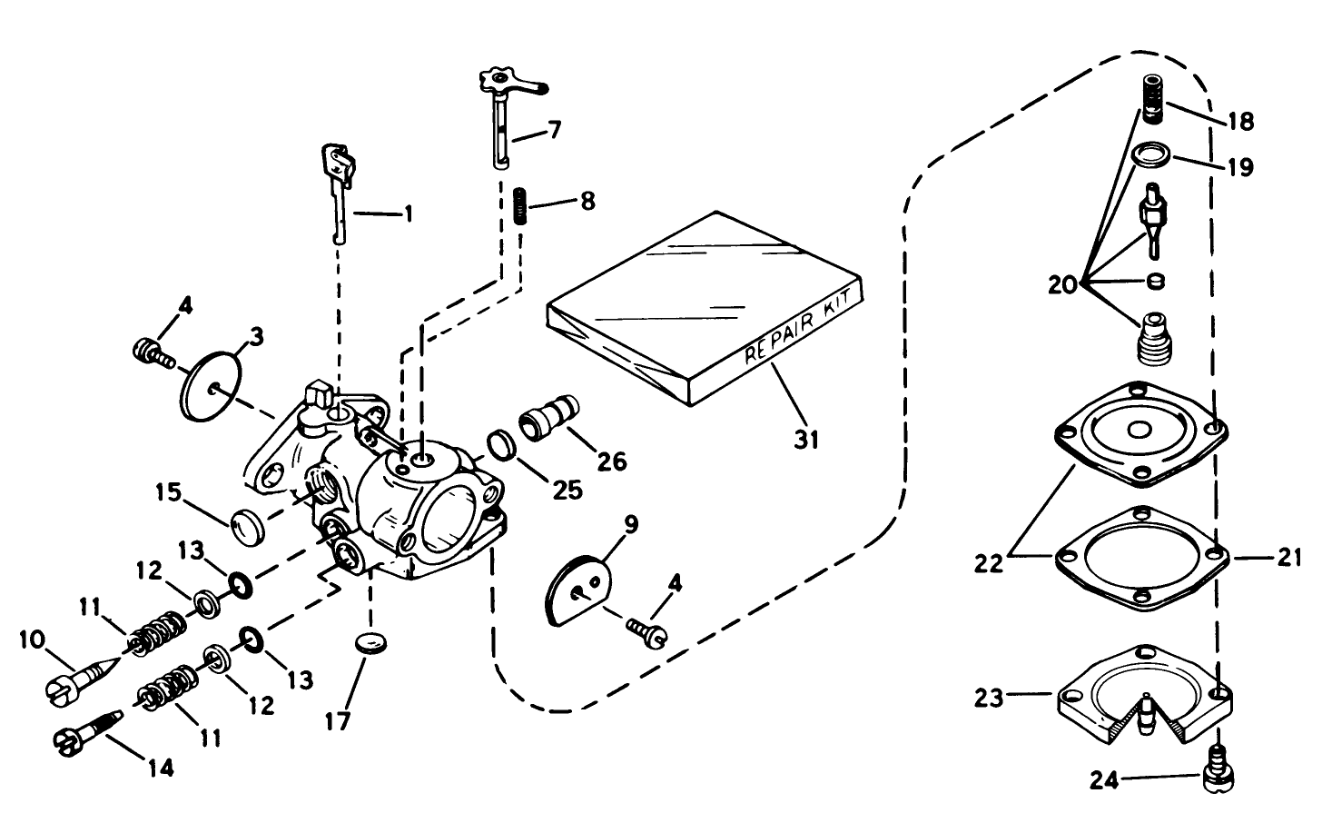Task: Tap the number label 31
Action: [x=806, y=440]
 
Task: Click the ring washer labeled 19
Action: [x=1150, y=154]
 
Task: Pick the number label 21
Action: [x=1290, y=559]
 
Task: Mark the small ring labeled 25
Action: [x=501, y=445]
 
